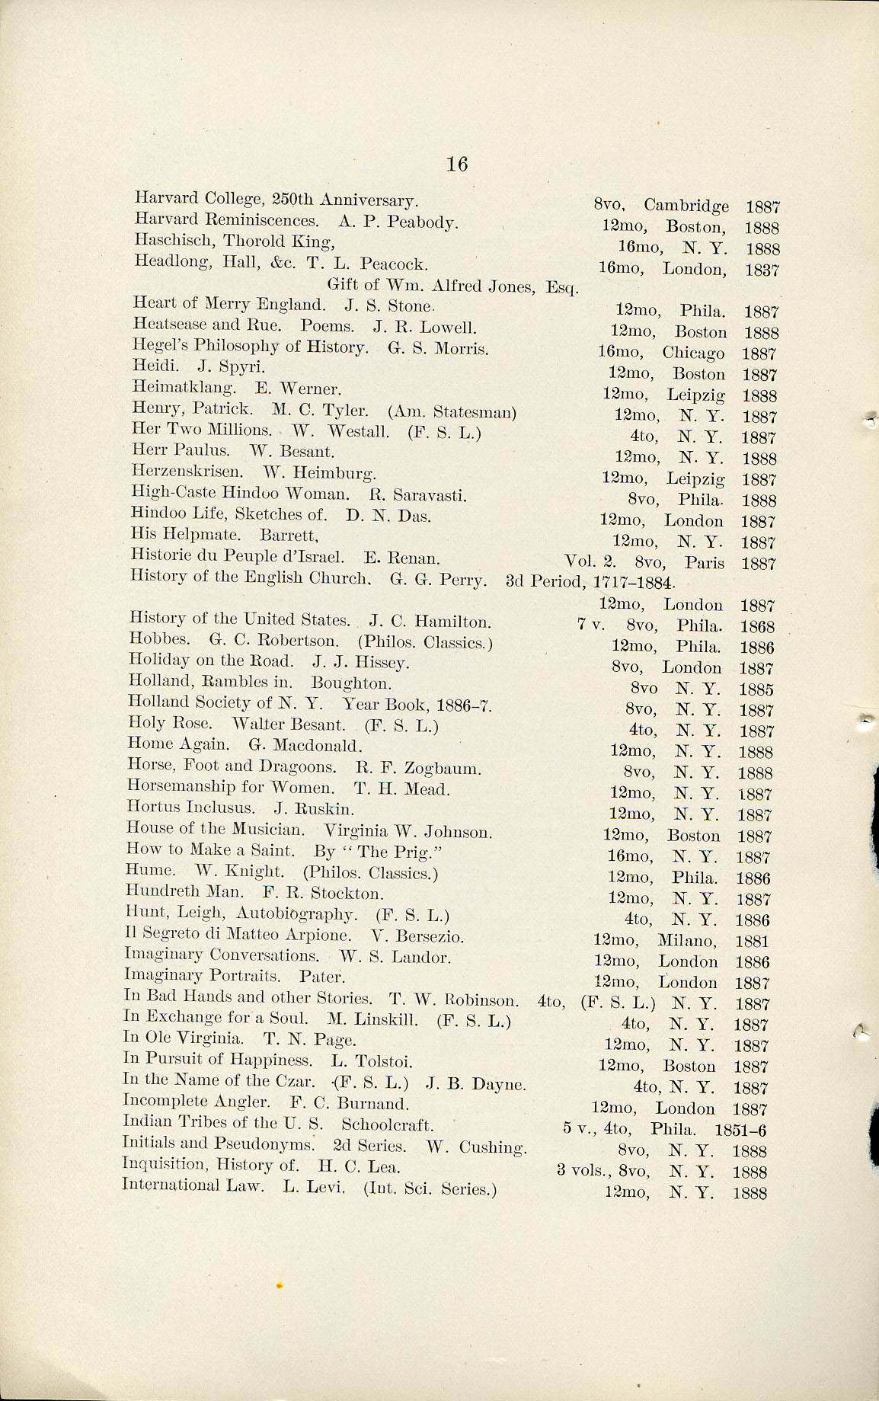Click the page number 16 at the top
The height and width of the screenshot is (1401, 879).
[x=457, y=164]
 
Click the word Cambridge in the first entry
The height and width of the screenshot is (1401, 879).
[x=686, y=206]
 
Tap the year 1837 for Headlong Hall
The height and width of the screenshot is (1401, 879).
[x=762, y=270]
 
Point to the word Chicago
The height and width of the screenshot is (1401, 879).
[x=692, y=353]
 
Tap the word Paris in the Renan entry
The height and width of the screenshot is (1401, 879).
[x=704, y=564]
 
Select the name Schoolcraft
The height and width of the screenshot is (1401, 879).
[x=387, y=1124]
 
